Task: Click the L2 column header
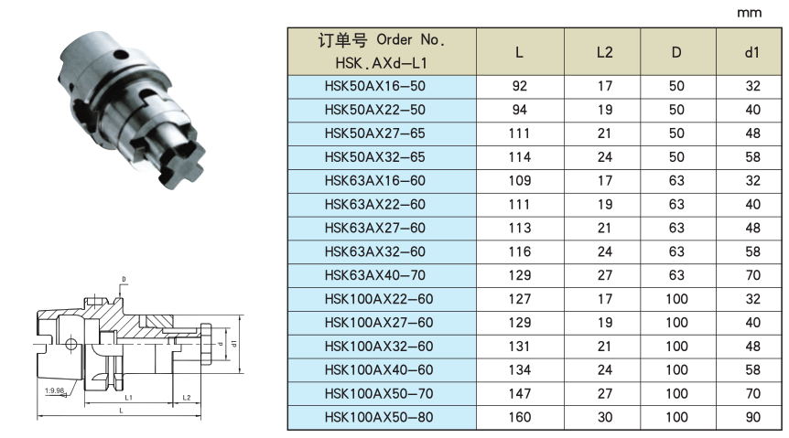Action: pyautogui.click(x=604, y=52)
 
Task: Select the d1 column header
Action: pyautogui.click(x=751, y=52)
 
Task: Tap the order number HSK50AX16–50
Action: pyautogui.click(x=375, y=86)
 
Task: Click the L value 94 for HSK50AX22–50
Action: pyautogui.click(x=519, y=110)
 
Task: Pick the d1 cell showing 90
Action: pyautogui.click(x=752, y=417)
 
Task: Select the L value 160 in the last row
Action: pyautogui.click(x=519, y=417)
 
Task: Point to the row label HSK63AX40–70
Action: pyautogui.click(x=375, y=275)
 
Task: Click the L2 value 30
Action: pyautogui.click(x=604, y=417)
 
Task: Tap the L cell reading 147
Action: pyautogui.click(x=519, y=393)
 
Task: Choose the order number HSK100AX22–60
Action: pyautogui.click(x=379, y=299)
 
